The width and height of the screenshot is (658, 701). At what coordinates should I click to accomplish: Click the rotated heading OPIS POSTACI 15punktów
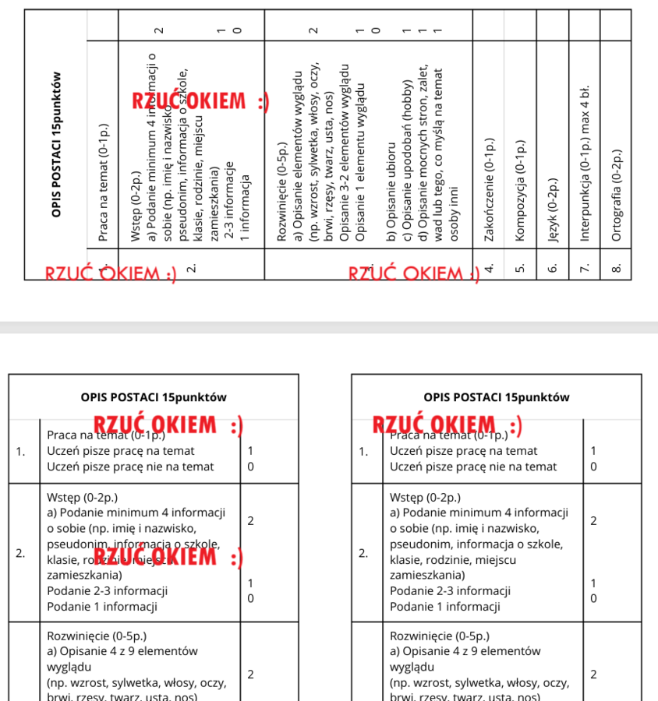pyautogui.click(x=55, y=144)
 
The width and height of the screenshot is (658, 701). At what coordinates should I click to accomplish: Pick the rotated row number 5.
pyautogui.click(x=520, y=267)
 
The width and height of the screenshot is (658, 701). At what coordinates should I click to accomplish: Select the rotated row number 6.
pyautogui.click(x=553, y=267)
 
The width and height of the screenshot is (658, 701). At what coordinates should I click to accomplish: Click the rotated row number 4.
pyautogui.click(x=489, y=267)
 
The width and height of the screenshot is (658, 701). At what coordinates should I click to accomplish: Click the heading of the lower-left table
pyautogui.click(x=154, y=397)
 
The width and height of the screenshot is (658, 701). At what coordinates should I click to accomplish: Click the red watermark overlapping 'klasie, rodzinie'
pyautogui.click(x=168, y=558)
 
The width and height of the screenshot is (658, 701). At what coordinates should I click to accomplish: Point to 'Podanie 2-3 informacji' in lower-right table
pyautogui.click(x=450, y=591)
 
